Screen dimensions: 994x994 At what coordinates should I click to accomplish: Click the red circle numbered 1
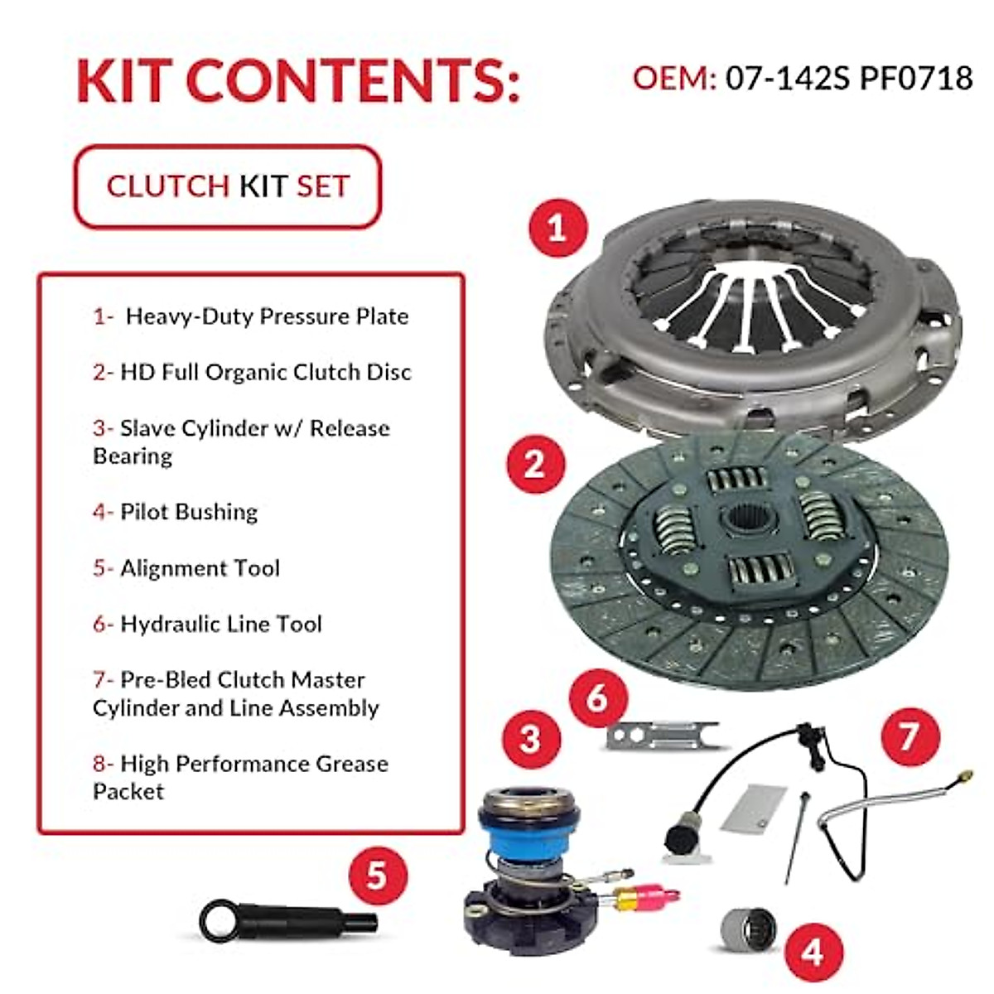(557, 228)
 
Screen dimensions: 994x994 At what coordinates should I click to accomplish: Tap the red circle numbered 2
(535, 464)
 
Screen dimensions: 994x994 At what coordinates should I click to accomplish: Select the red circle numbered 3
(530, 738)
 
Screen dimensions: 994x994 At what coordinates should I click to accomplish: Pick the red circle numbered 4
(813, 953)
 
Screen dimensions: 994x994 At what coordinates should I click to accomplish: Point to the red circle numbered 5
(377, 875)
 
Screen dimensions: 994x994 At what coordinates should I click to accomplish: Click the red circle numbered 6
(598, 698)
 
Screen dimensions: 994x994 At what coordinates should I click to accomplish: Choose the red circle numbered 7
(910, 736)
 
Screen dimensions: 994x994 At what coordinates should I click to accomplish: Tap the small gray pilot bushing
(747, 929)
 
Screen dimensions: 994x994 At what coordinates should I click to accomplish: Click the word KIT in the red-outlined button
(263, 186)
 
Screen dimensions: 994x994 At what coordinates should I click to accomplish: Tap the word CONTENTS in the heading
(354, 81)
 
